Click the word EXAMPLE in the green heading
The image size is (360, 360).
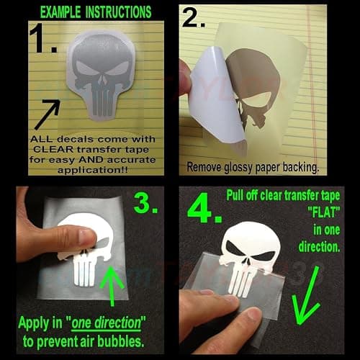coord(60,12)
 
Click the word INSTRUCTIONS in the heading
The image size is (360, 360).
coord(119,12)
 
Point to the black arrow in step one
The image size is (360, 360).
coord(48,114)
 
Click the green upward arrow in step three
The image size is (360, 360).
coord(112,286)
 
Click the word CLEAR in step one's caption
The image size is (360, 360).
coord(53,149)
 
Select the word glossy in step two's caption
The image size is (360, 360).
coord(238,167)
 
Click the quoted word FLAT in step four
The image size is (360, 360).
coord(324,212)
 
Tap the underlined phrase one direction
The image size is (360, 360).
coord(107,323)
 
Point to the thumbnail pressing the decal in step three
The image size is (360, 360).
coord(86,236)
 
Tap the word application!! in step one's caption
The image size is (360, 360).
coord(93,170)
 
